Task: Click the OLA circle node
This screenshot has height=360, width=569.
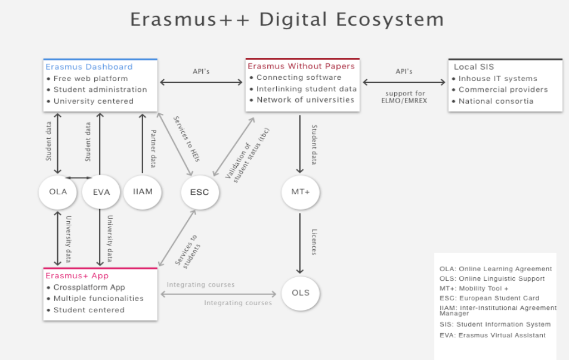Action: pos(58,192)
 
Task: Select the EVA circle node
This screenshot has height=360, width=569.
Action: pos(101,192)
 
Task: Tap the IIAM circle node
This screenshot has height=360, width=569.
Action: pos(143,192)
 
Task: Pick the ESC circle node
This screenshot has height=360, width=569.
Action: pos(200,192)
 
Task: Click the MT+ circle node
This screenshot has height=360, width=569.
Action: pos(301,192)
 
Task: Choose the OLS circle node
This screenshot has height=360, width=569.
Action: pos(301,293)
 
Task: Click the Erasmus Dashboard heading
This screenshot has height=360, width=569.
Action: pos(89,67)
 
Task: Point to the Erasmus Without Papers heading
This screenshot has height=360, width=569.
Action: pos(301,66)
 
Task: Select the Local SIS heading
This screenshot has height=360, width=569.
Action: pos(474,67)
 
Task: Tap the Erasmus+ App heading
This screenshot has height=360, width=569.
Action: pos(77,275)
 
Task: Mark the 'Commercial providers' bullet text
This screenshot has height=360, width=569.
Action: pos(503,89)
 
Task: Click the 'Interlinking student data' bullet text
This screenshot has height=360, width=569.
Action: pos(307,89)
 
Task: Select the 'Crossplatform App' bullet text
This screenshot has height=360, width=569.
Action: pos(89,287)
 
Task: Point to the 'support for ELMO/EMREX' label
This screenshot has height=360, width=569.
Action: pos(404,97)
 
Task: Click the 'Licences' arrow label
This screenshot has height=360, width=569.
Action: pos(314,242)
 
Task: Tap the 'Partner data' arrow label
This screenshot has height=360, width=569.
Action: pos(153,148)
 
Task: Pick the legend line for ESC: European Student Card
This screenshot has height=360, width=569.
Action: pos(489,299)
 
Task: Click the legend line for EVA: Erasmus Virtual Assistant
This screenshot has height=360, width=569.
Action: pos(493,336)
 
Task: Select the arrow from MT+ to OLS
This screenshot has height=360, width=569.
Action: pos(300,243)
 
